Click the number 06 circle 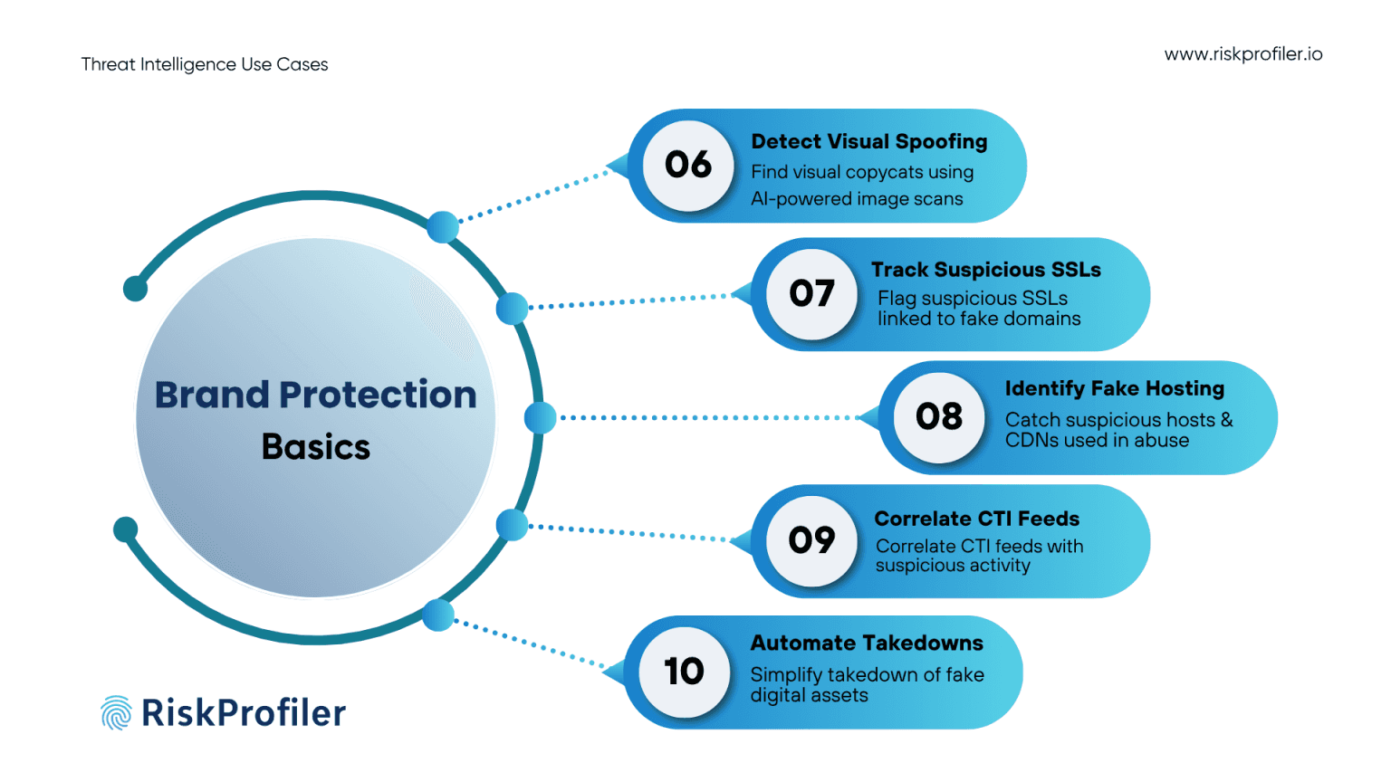pyautogui.click(x=688, y=166)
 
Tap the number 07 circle pyautogui.click(x=811, y=294)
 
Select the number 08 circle pyautogui.click(x=939, y=417)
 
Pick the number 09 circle pyautogui.click(x=811, y=540)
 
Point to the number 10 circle pyautogui.click(x=684, y=672)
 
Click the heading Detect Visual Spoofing pyautogui.click(x=869, y=142)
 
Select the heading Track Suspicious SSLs pyautogui.click(x=985, y=270)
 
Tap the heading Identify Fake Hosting pyautogui.click(x=1114, y=389)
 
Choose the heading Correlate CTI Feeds pyautogui.click(x=976, y=519)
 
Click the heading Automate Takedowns pyautogui.click(x=867, y=644)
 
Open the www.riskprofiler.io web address pyautogui.click(x=1242, y=54)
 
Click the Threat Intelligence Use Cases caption pyautogui.click(x=205, y=64)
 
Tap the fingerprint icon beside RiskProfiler pyautogui.click(x=116, y=713)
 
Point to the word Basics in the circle pyautogui.click(x=316, y=447)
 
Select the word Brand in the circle pyautogui.click(x=213, y=396)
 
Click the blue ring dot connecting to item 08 pyautogui.click(x=540, y=417)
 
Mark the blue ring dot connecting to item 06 pyautogui.click(x=443, y=226)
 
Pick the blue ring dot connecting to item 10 pyautogui.click(x=438, y=615)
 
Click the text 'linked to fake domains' pyautogui.click(x=979, y=319)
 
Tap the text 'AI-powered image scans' pyautogui.click(x=857, y=199)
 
